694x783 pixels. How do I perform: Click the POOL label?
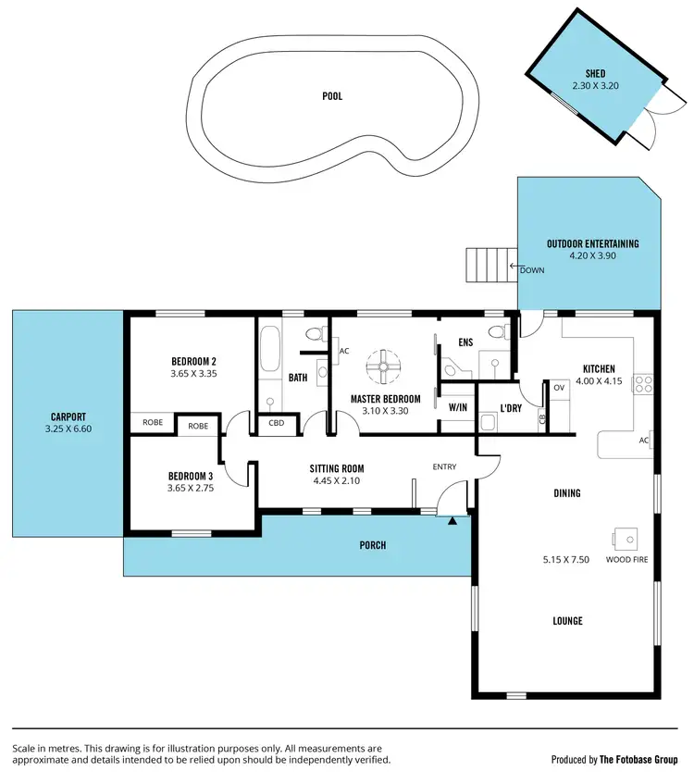332,95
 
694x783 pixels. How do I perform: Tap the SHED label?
595,73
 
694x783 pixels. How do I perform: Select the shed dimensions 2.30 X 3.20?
595,86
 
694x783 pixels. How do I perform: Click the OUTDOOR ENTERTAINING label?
592,244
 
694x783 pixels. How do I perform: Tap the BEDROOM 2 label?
193,361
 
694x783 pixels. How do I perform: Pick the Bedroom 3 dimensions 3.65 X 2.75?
191,488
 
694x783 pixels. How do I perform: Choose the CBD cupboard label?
277,424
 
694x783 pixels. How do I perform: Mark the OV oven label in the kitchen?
559,388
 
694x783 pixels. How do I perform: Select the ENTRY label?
444,466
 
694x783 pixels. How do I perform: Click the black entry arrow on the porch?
452,522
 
